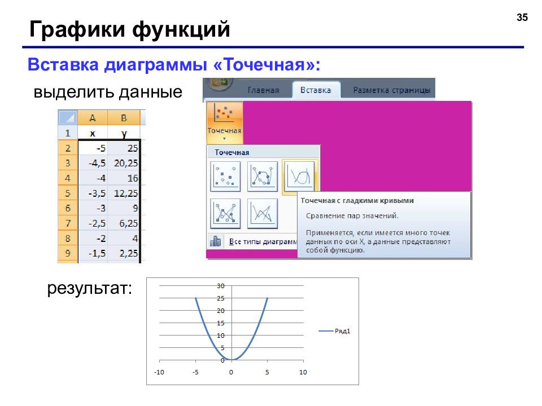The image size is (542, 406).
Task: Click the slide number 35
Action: click(522, 17)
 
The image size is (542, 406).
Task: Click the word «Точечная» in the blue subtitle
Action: click(264, 64)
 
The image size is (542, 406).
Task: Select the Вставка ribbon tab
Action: click(316, 90)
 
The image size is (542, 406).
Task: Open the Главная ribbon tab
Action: click(264, 90)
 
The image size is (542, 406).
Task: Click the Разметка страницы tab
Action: click(392, 90)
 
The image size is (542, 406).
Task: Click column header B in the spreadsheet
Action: click(124, 118)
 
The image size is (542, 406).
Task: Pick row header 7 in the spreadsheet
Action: click(68, 223)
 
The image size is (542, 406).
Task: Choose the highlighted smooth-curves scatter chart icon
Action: click(299, 176)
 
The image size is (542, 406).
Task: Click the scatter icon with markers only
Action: click(225, 176)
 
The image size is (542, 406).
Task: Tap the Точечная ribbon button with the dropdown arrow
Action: click(224, 123)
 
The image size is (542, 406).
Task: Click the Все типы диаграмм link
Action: click(263, 242)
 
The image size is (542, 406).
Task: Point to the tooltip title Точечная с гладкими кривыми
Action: click(357, 201)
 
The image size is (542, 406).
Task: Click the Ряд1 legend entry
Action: click(335, 331)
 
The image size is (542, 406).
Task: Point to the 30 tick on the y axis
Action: click(221, 286)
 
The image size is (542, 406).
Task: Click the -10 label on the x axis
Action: click(159, 372)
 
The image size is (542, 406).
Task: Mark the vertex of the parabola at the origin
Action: click(231, 360)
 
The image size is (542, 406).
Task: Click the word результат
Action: click(90, 288)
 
